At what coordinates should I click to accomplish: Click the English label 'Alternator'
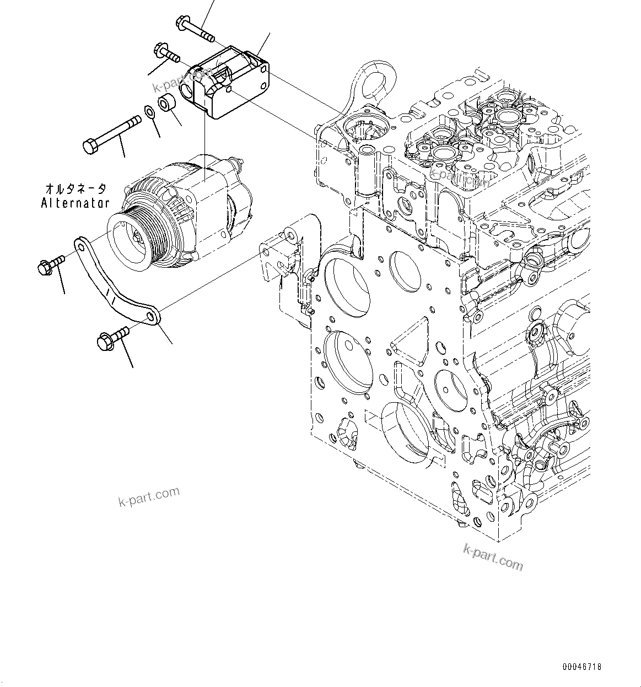click(75, 203)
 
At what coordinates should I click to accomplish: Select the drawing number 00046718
click(581, 667)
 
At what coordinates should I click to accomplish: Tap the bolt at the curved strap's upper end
click(49, 266)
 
